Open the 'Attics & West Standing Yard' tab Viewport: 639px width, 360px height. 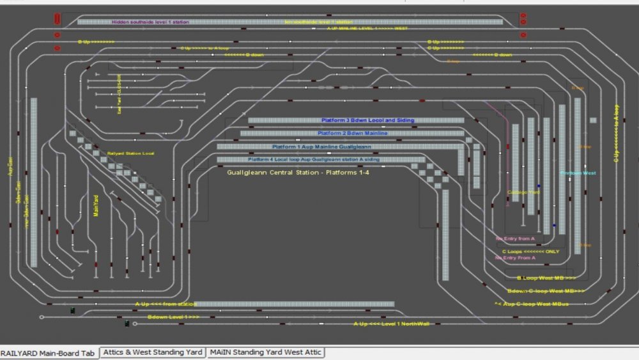152,352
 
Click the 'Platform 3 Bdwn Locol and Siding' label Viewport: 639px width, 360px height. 367,120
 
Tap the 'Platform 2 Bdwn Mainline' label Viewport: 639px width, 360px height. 352,133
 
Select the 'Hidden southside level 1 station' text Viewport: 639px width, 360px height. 150,22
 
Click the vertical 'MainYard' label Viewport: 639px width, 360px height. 96,205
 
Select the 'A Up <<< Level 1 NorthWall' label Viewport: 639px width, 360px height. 392,324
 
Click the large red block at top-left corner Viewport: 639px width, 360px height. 58,19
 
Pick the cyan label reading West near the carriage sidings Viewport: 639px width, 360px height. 578,173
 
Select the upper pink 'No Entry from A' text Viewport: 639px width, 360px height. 514,239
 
